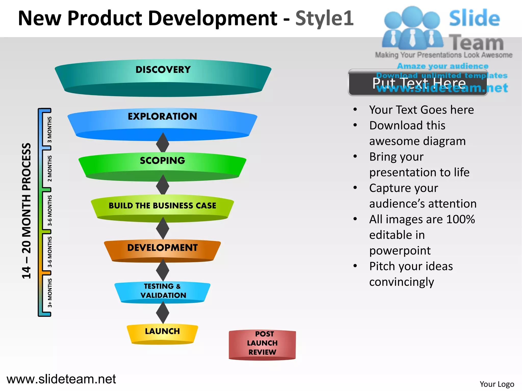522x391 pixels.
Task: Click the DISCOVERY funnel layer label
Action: point(163,70)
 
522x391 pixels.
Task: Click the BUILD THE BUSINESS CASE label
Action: point(162,206)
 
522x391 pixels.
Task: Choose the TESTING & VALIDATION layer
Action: point(163,291)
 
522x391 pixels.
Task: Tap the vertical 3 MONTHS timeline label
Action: point(50,130)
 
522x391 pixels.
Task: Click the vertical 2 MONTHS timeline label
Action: point(50,169)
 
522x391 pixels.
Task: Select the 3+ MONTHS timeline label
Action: point(50,293)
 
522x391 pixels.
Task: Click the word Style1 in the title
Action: point(324,18)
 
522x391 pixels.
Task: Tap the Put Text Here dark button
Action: point(418,83)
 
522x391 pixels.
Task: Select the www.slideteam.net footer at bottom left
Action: point(61,379)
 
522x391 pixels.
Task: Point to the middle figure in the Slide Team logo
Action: point(412,28)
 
